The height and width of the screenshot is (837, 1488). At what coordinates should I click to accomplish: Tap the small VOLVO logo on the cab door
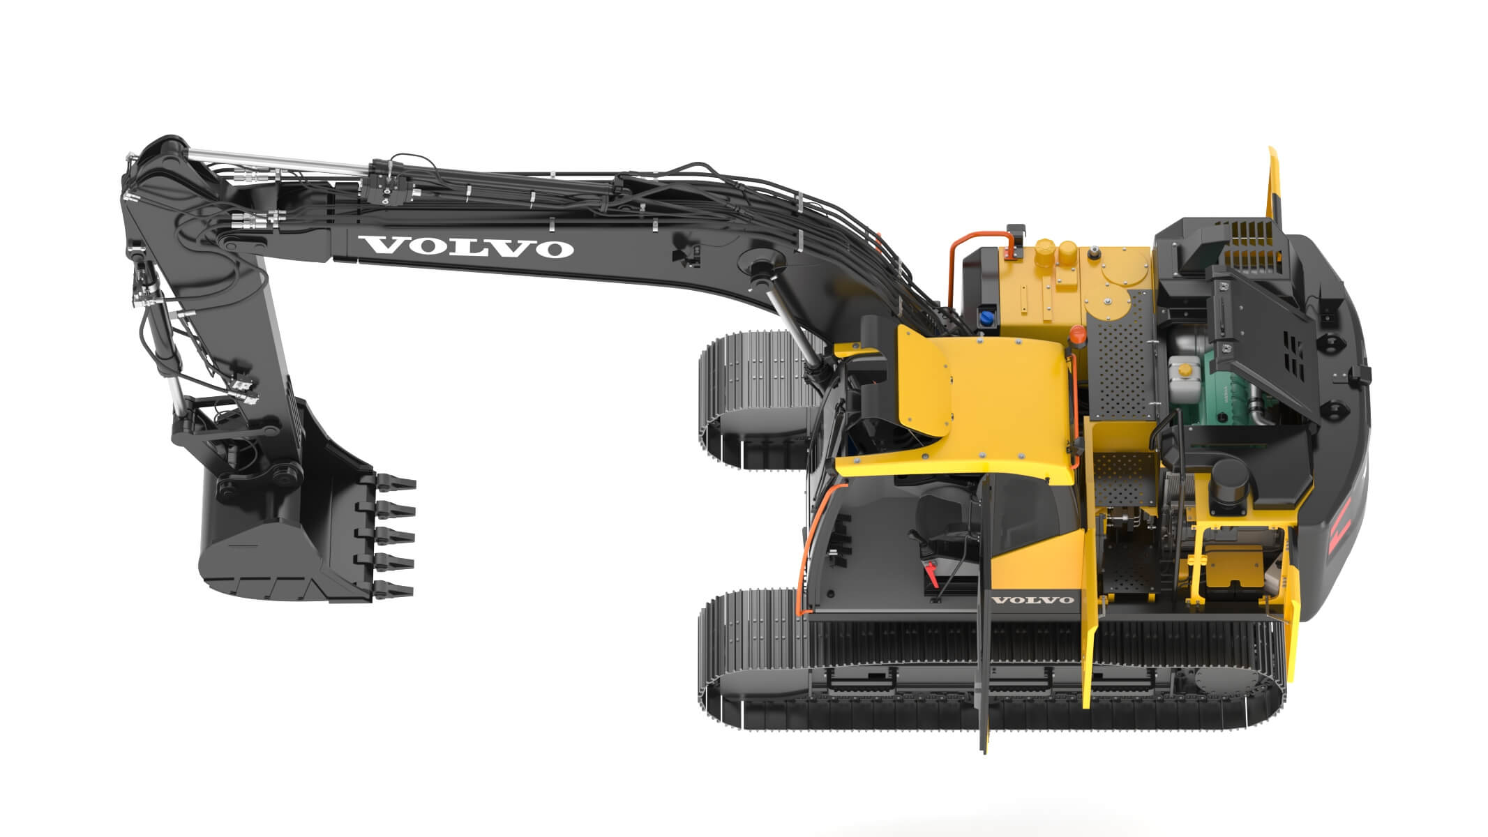1032,600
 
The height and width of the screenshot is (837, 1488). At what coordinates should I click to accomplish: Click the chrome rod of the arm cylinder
279,162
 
